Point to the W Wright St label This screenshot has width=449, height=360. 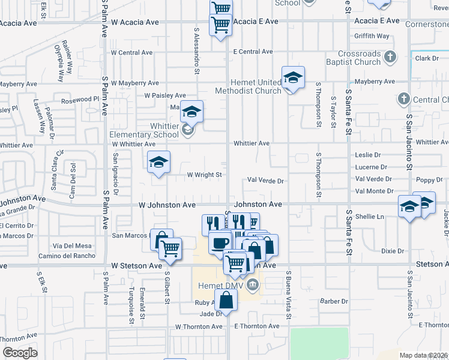[205, 175]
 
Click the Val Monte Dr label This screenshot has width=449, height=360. [375, 191]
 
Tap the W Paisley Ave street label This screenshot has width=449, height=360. [165, 95]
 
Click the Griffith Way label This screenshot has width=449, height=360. [372, 37]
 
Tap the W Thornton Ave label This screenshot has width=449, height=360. [198, 326]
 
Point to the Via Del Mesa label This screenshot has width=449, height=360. [72, 245]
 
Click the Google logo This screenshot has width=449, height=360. [19, 353]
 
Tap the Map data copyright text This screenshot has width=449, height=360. [424, 355]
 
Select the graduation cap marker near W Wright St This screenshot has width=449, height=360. [159, 163]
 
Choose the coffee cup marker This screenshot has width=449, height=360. [219, 242]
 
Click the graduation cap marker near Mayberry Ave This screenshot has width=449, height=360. [293, 78]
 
